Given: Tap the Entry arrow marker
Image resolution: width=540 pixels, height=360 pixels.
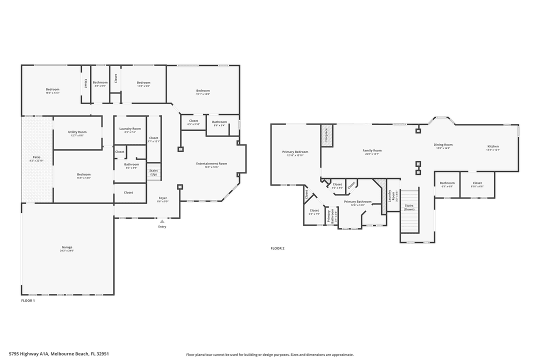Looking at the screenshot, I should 162,221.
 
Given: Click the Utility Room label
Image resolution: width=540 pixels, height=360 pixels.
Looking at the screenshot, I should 77,133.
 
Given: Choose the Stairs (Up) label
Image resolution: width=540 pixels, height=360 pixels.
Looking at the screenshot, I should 153,172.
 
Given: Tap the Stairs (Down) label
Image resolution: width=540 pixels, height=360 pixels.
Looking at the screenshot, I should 409,207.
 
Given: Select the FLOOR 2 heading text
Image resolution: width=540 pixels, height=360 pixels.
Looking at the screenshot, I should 277,248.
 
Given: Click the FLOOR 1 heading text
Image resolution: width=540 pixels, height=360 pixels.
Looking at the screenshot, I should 28,300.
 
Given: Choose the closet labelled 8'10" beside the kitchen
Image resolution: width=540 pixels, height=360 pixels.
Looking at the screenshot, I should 477,184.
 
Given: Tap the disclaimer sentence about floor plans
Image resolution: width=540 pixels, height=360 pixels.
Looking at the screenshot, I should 269,354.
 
